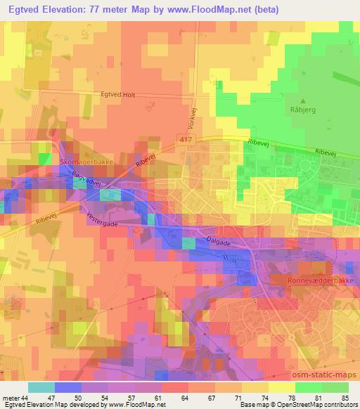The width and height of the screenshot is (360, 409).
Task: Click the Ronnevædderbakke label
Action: coord(321,279)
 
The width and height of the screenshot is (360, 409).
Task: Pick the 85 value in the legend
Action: coord(344,398)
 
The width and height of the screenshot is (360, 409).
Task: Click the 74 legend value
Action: coord(264,398)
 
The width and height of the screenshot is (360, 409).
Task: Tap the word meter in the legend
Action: coord(11,398)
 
